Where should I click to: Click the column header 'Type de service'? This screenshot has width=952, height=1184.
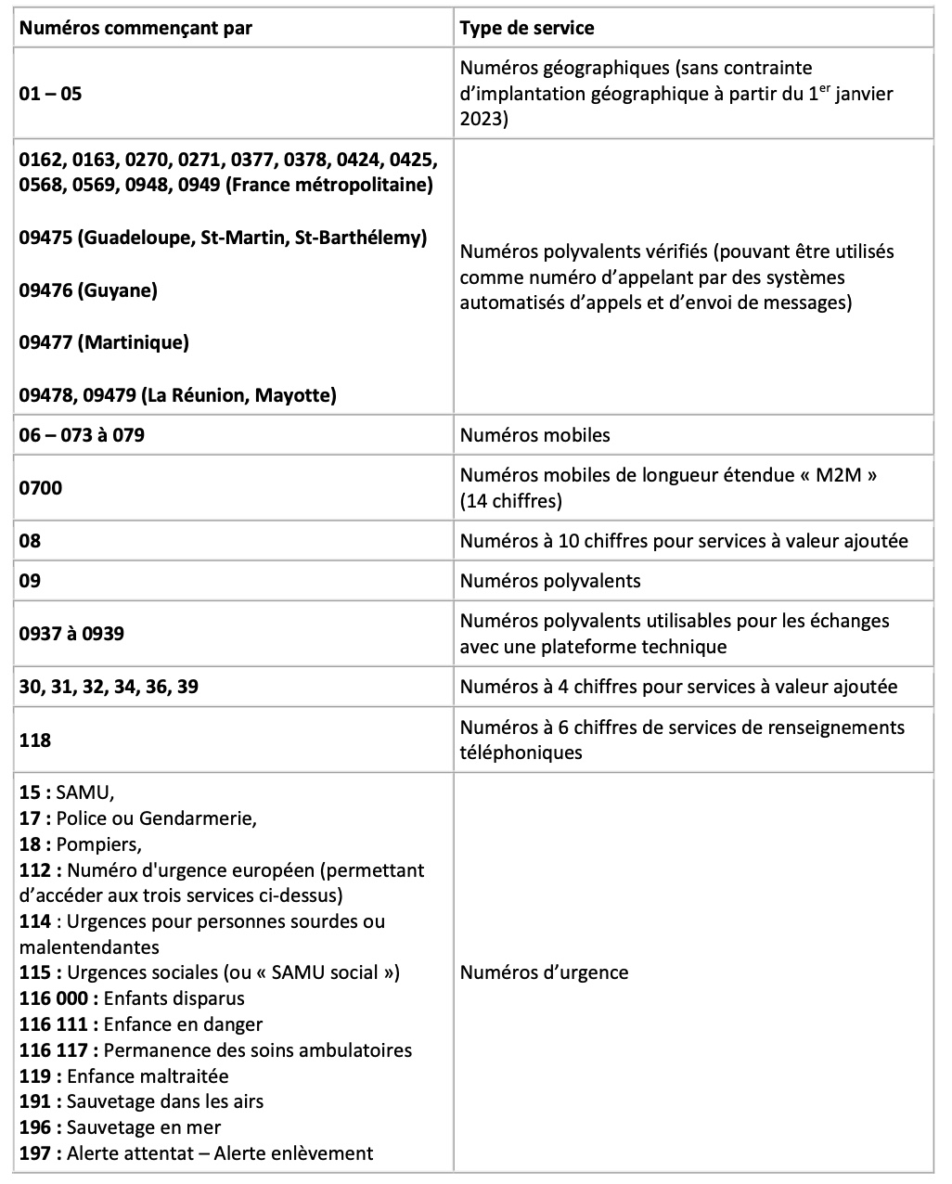tap(527, 28)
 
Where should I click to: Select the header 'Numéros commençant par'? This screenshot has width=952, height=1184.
tap(135, 28)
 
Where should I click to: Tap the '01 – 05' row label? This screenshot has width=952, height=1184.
tap(50, 94)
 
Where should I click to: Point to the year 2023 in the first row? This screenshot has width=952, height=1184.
tap(482, 119)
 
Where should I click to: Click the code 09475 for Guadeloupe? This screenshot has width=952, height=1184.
tap(45, 238)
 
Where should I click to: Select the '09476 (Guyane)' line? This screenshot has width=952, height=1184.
tap(88, 290)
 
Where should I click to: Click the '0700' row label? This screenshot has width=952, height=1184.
tap(41, 487)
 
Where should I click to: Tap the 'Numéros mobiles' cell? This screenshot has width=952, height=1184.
tap(534, 434)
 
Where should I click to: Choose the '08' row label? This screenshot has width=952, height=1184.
tap(31, 540)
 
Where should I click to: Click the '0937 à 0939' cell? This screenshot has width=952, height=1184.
tap(71, 634)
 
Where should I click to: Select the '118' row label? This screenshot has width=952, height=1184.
tap(35, 740)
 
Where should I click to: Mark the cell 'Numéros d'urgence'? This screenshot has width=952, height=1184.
tap(544, 972)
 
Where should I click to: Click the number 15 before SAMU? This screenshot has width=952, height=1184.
tap(30, 792)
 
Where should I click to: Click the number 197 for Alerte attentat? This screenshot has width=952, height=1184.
tap(35, 1153)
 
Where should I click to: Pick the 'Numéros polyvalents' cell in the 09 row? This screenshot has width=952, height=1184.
tap(550, 581)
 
